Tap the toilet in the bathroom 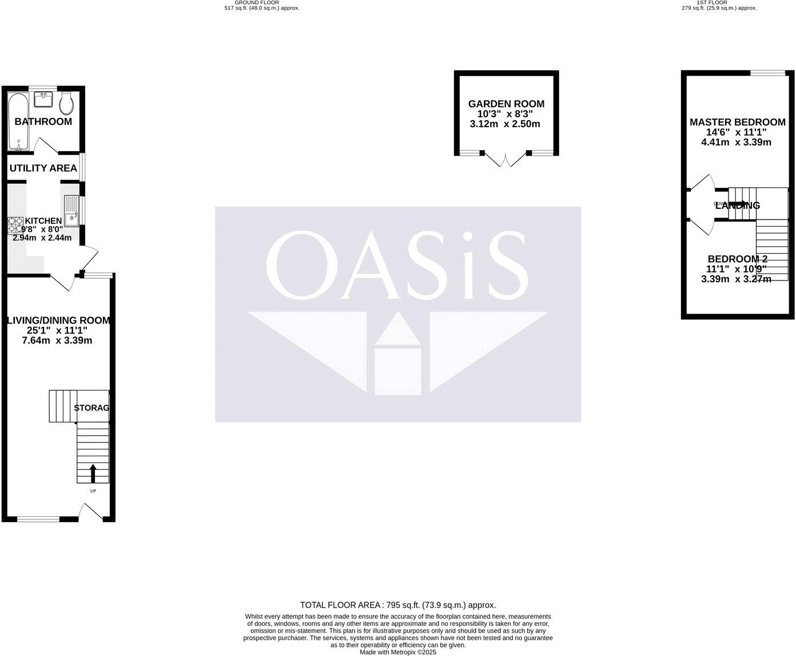66,103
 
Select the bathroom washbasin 43,100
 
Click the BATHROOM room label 43,121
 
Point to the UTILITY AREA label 43,168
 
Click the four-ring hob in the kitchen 15,225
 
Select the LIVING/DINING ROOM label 58,321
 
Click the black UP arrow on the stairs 93,473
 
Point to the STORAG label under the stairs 91,408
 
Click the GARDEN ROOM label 506,104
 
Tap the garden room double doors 505,159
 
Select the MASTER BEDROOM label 737,122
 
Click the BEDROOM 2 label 737,259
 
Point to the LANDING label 738,206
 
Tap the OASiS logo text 397,265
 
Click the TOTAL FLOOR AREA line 398,604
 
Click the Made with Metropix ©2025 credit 398,652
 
